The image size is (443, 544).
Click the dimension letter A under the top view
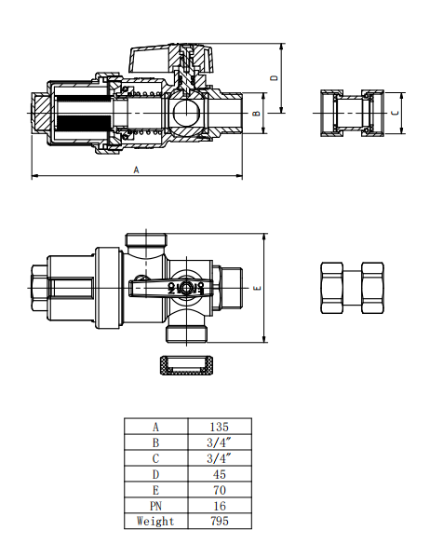pyautogui.click(x=136, y=170)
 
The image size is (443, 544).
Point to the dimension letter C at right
pyautogui.click(x=395, y=112)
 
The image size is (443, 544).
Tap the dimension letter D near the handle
pyautogui.click(x=274, y=78)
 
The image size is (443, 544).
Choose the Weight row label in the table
pyautogui.click(x=155, y=521)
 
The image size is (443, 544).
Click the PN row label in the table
pyautogui.click(x=155, y=505)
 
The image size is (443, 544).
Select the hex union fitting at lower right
pyautogui.click(x=352, y=287)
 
